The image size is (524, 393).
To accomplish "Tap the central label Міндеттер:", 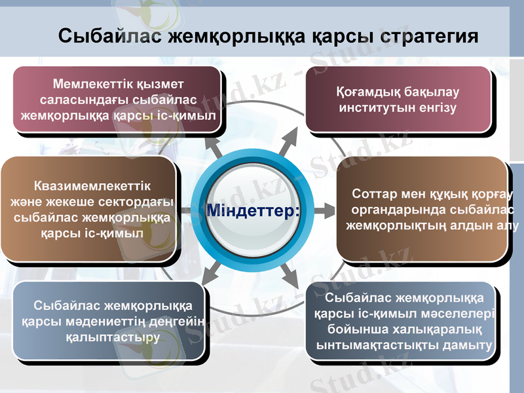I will click(253, 210).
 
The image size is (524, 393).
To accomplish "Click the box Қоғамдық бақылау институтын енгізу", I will click(398, 100).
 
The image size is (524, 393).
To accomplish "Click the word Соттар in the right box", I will click(372, 195).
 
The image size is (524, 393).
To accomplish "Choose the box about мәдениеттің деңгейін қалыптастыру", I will click(113, 321).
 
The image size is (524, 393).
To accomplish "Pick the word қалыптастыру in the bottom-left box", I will click(113, 337).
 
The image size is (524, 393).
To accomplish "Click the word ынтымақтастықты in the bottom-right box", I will click(379, 345).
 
